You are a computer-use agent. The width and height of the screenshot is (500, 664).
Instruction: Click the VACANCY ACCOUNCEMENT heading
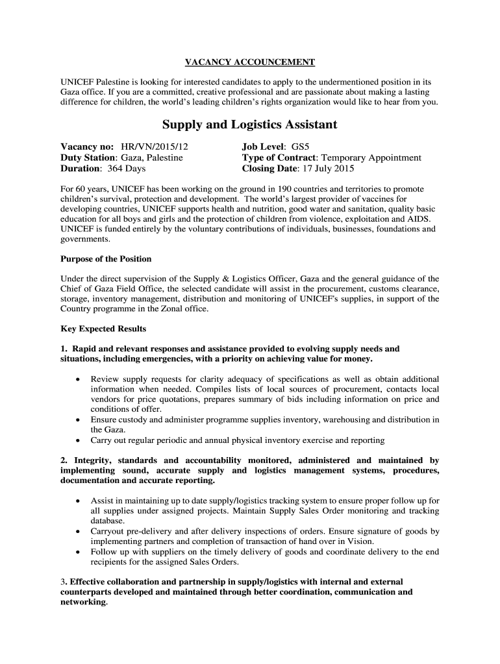250,62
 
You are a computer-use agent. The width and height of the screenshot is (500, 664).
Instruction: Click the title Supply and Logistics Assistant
249,124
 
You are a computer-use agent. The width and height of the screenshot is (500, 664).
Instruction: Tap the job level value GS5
305,147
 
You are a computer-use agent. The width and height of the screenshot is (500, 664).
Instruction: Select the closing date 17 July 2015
326,169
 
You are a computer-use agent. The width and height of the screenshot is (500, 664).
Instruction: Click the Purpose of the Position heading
106,259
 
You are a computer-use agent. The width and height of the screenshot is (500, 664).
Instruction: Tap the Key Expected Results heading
103,329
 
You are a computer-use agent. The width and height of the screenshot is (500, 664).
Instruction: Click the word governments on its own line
85,239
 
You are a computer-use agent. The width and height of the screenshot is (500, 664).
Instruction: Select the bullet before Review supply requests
79,379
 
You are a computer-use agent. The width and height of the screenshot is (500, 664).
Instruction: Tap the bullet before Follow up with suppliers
79,552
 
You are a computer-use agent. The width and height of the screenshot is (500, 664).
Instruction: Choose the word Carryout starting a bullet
108,531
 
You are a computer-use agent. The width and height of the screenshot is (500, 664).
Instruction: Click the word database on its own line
108,521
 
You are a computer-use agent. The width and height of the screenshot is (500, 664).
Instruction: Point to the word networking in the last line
82,602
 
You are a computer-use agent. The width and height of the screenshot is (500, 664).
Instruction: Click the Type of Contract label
279,158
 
